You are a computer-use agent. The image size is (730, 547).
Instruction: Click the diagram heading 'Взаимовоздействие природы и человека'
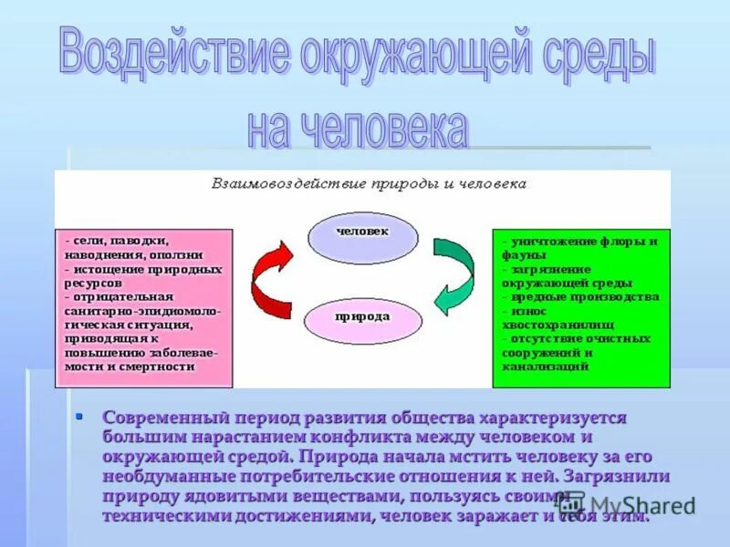pyautogui.click(x=369, y=183)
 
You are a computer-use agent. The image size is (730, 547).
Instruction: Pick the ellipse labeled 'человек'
pyautogui.click(x=362, y=233)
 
